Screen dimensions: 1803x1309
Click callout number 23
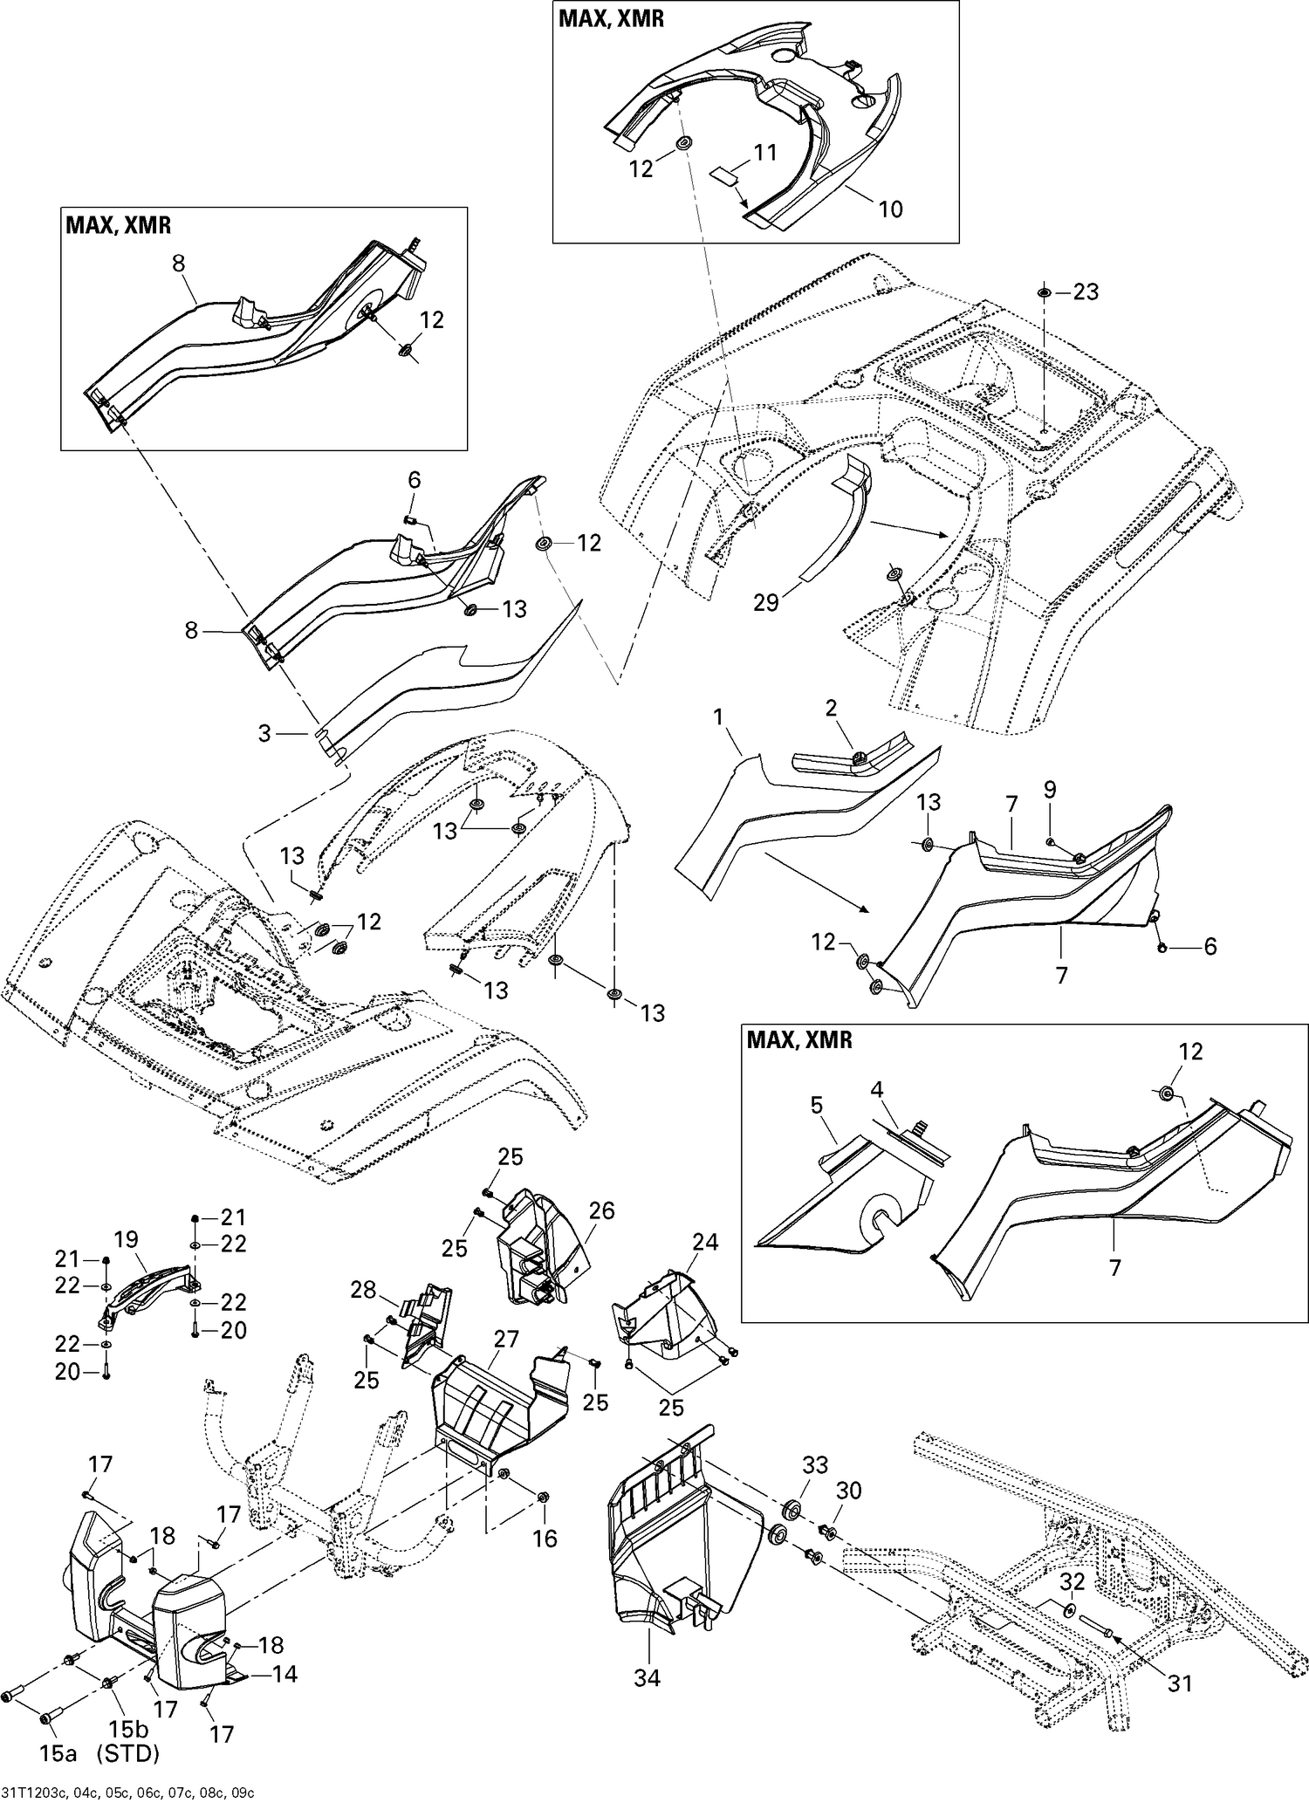tap(1086, 291)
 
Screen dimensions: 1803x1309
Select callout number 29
tap(765, 603)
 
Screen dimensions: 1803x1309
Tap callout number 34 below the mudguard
tap(647, 1677)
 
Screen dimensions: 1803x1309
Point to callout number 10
tap(890, 209)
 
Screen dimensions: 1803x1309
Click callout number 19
tap(127, 1239)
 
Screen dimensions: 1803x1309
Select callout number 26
tap(601, 1211)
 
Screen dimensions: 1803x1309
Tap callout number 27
tap(506, 1340)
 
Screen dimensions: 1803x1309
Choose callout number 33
tap(814, 1464)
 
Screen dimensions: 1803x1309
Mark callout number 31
tap(1180, 1683)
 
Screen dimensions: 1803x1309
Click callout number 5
tap(816, 1106)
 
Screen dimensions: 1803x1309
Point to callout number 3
tap(265, 734)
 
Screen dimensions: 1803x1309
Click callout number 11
tap(764, 153)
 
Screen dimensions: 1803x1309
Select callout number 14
tap(284, 1673)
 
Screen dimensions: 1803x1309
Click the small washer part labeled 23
tap(1044, 291)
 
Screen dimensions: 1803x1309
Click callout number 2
tap(831, 708)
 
